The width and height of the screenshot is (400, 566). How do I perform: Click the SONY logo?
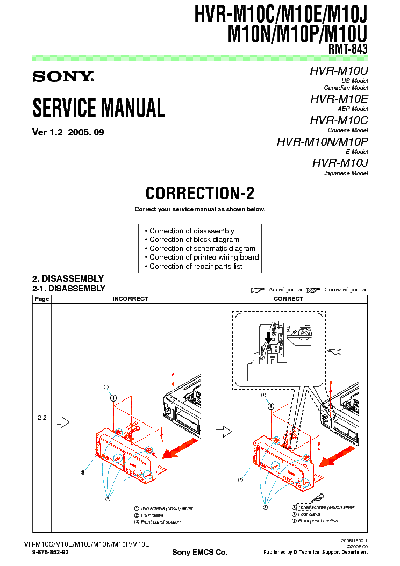(63, 76)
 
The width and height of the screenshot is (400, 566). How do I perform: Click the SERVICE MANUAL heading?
(98, 108)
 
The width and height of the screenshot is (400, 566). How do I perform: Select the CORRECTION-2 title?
(199, 193)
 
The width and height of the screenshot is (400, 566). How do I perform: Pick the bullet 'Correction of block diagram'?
(194, 240)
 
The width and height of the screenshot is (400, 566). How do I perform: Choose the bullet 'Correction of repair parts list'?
(196, 267)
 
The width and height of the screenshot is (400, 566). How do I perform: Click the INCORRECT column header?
(130, 299)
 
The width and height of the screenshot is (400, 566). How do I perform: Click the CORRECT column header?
(288, 299)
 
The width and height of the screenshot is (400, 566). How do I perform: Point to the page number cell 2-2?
(42, 417)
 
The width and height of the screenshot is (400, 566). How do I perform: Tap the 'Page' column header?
(42, 299)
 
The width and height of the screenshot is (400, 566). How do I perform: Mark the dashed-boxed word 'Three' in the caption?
(305, 507)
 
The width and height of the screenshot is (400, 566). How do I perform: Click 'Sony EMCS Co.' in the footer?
(199, 553)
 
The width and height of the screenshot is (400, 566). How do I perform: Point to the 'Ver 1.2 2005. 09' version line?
(68, 132)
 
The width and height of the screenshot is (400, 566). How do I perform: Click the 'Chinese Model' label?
(348, 131)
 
